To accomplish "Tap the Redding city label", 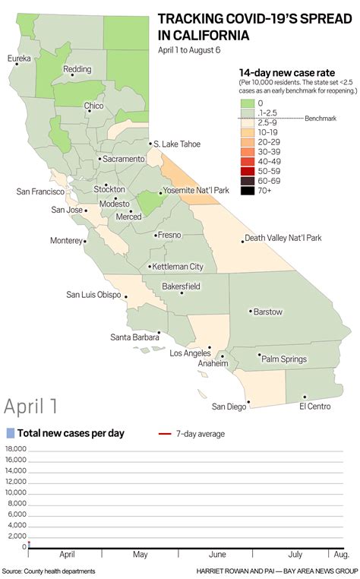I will point(83,68).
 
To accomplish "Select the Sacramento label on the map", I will point(123,159).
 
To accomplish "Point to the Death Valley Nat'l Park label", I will point(283,238).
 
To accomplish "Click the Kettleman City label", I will point(178,267).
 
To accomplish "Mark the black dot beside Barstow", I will point(251,311).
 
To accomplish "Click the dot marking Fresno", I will point(154,236).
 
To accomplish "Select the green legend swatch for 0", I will point(248,102).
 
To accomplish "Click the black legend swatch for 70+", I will point(248,191).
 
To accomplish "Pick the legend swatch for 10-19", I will point(248,131).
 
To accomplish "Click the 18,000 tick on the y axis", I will point(14,449).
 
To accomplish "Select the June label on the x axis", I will point(216,555).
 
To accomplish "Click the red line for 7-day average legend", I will point(165,434).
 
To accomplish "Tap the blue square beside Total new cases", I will point(9,433).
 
